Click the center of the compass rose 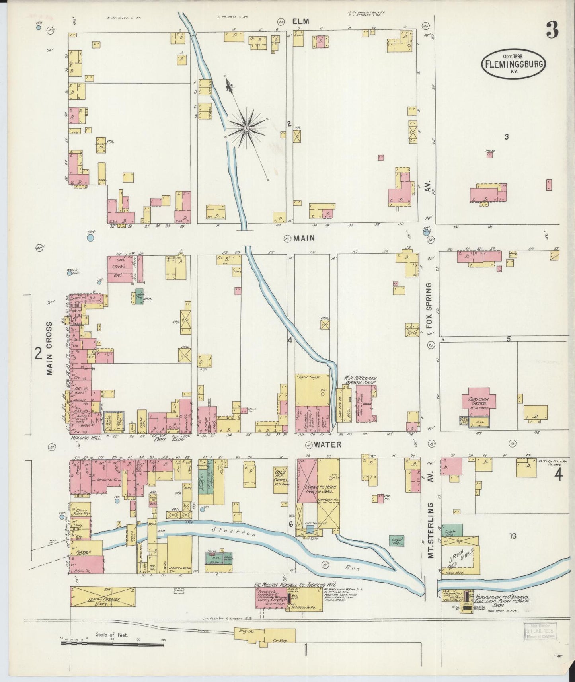[246, 127]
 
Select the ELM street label [300, 22]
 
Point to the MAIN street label [304, 238]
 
